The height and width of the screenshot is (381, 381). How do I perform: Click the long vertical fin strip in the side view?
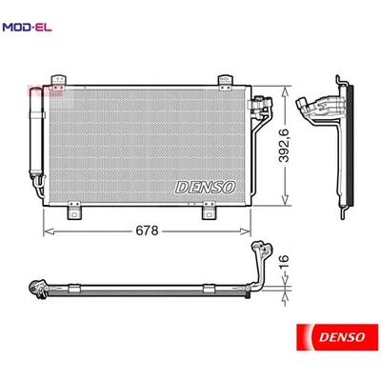[348, 152]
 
